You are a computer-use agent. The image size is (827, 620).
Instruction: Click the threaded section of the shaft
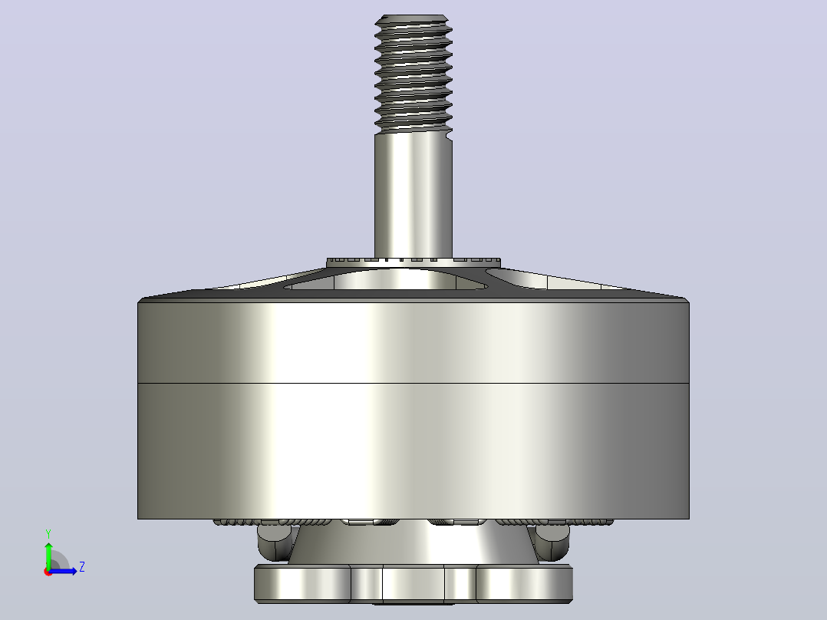413,74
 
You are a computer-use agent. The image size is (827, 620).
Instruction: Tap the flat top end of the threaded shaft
413,16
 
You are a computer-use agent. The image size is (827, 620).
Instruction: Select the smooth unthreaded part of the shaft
413,195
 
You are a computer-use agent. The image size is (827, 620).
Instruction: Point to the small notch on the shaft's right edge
450,137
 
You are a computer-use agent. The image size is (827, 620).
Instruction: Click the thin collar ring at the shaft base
413,262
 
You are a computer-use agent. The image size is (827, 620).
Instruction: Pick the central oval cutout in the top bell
385,279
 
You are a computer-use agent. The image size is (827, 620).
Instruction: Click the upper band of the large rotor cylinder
413,342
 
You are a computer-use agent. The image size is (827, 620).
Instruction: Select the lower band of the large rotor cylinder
413,451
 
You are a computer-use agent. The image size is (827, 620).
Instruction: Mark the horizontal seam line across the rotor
413,384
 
